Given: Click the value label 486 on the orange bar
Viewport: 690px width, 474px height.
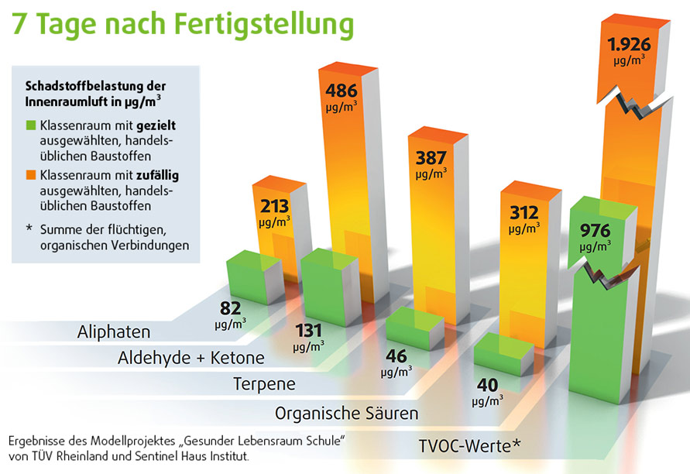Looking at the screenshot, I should (341, 90).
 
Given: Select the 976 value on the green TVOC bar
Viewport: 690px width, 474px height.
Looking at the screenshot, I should (596, 230).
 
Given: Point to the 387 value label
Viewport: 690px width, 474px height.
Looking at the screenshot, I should (431, 158).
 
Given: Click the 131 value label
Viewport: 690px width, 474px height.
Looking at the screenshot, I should (308, 331).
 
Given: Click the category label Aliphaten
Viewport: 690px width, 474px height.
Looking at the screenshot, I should (114, 332).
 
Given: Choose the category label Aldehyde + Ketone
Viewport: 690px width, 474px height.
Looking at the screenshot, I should (191, 358).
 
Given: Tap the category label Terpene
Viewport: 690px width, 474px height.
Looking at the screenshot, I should (264, 383).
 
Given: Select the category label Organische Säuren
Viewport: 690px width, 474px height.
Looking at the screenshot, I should (346, 413).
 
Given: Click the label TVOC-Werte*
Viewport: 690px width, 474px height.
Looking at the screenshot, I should (469, 445).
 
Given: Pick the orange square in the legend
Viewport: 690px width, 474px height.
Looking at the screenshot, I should (31, 176).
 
